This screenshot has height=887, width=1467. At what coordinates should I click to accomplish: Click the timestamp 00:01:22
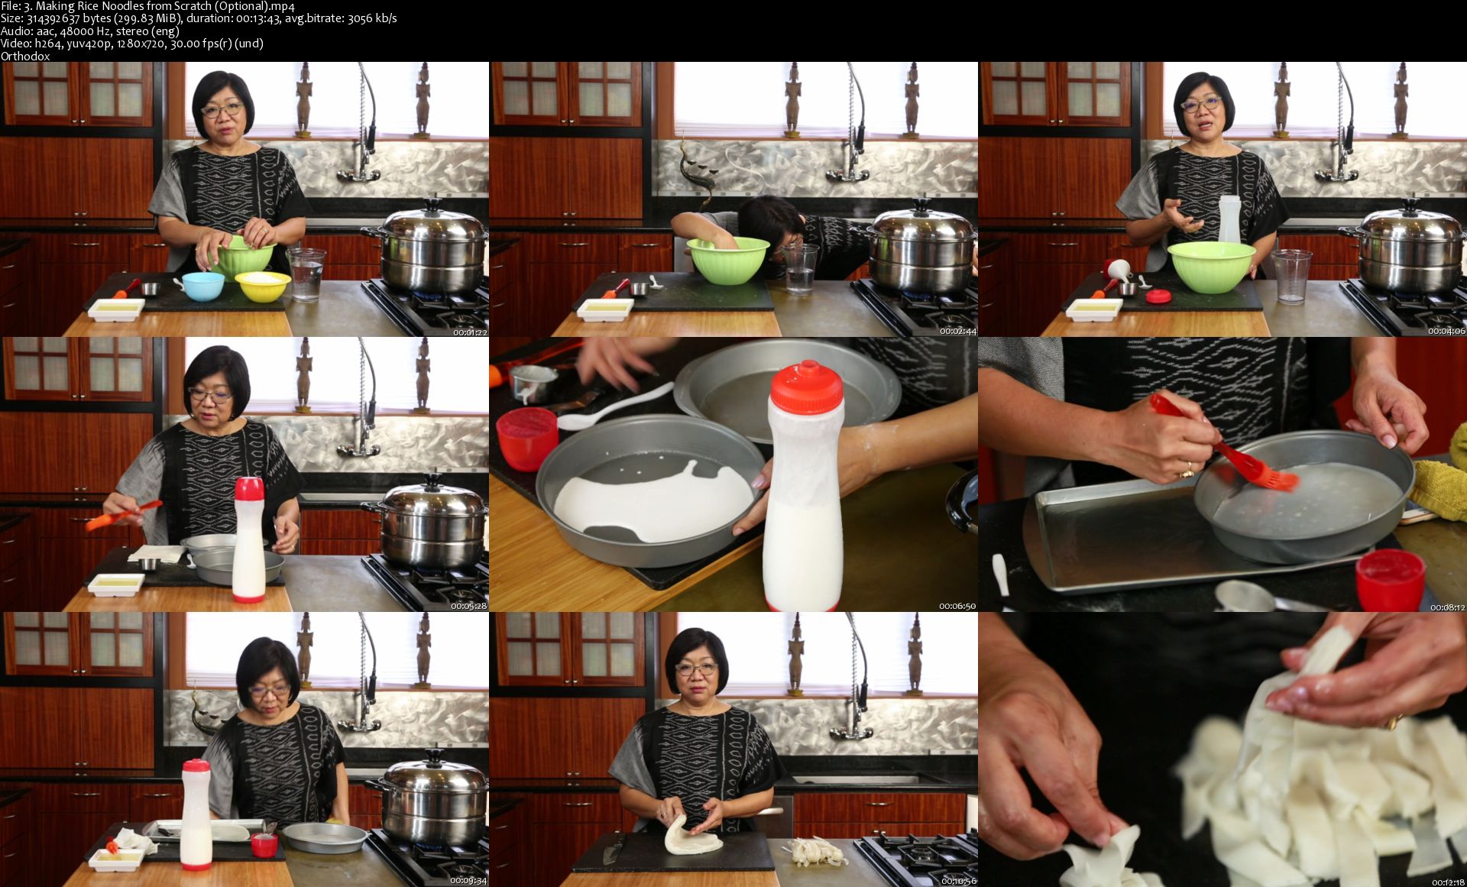(x=470, y=332)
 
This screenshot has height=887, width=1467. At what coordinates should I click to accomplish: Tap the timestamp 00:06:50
(x=957, y=606)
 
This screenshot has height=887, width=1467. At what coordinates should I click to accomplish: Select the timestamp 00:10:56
(x=957, y=881)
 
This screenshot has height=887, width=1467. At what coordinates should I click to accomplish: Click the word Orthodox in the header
(x=25, y=56)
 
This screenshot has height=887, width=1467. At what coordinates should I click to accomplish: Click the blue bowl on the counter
(x=203, y=286)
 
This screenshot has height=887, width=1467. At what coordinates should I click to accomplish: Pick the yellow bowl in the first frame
(x=263, y=286)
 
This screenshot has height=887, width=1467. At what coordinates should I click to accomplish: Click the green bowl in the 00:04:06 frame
(x=1211, y=267)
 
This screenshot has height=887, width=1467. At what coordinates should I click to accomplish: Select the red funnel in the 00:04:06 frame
(x=1119, y=270)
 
